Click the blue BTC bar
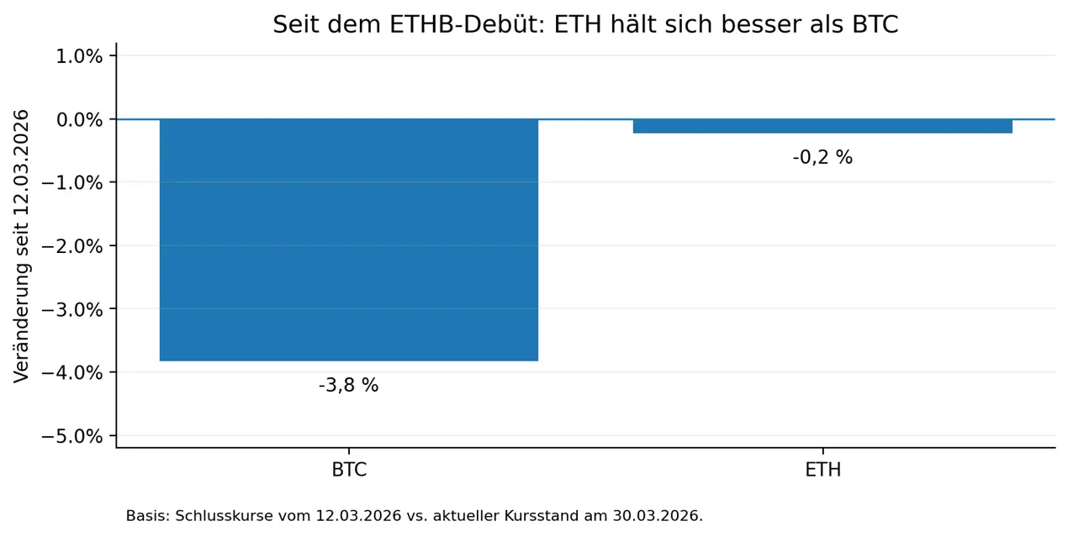click(348, 240)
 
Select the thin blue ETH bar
click(822, 126)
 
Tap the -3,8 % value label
click(348, 385)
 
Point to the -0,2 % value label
click(822, 157)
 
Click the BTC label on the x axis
click(349, 470)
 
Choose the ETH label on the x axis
click(823, 470)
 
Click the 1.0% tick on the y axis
click(79, 56)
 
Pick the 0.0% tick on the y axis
click(79, 120)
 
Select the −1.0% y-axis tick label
click(72, 183)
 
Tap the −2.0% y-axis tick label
click(72, 247)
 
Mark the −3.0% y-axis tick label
click(72, 310)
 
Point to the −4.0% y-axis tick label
click(72, 373)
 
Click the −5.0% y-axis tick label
click(72, 436)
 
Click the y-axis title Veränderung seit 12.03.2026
click(22, 246)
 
